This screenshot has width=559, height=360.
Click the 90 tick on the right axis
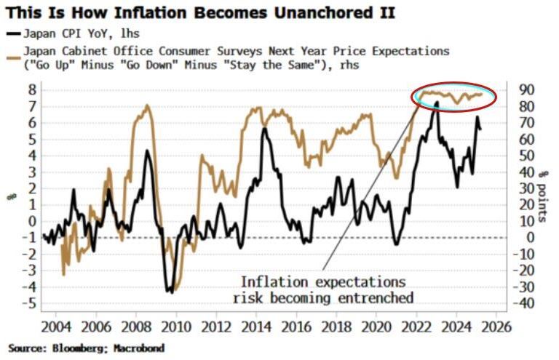tap(526, 90)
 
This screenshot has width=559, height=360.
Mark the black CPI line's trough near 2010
tap(170, 292)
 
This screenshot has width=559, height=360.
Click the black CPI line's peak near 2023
tap(436, 103)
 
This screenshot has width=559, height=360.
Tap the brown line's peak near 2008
tap(147, 106)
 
